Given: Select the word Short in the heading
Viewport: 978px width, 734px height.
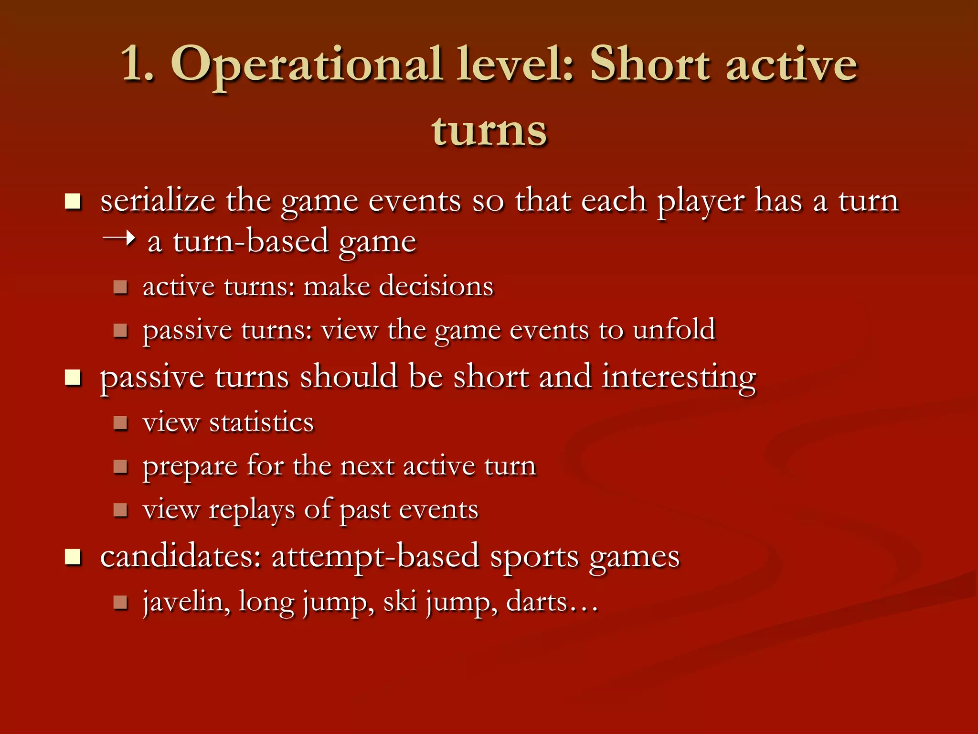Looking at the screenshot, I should click(650, 64).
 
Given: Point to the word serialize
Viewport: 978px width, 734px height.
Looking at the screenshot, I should click(158, 200).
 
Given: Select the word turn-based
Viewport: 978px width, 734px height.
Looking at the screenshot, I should click(251, 241).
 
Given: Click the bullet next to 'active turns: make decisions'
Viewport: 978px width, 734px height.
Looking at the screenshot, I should click(120, 287).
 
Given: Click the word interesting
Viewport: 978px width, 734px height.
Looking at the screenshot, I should click(679, 377).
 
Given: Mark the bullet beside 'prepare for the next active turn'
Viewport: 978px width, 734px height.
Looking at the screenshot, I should click(120, 466).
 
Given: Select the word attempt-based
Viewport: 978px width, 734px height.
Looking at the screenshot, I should click(375, 557).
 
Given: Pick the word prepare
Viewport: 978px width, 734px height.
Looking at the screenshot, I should click(190, 467).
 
